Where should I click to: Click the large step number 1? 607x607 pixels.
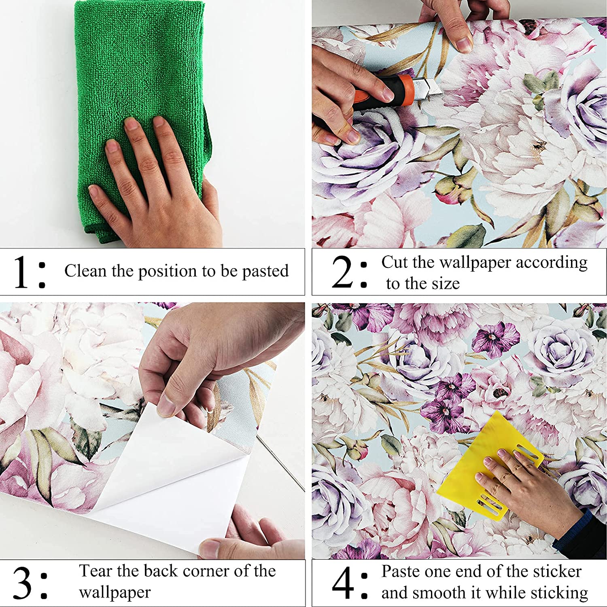21,272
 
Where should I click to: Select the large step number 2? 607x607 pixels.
342,272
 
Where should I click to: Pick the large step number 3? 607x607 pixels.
22,583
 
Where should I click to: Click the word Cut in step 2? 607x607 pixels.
395,262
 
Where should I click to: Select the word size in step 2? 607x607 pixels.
444,283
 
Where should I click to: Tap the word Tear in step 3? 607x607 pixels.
96,571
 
